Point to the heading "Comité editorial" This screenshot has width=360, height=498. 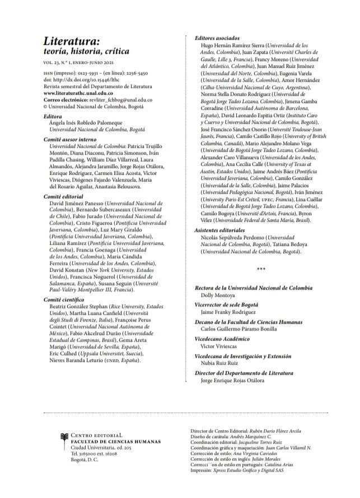65,197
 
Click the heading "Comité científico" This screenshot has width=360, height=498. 66,300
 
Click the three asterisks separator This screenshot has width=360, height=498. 260,269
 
